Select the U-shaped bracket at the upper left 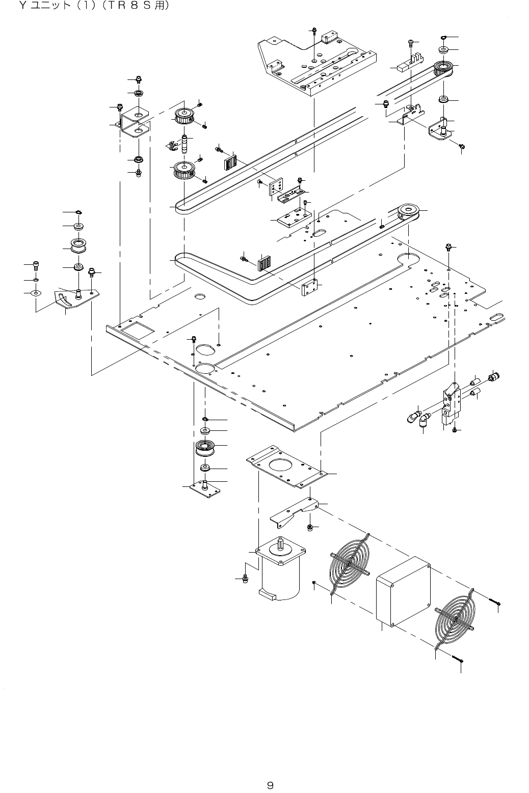tap(134, 123)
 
